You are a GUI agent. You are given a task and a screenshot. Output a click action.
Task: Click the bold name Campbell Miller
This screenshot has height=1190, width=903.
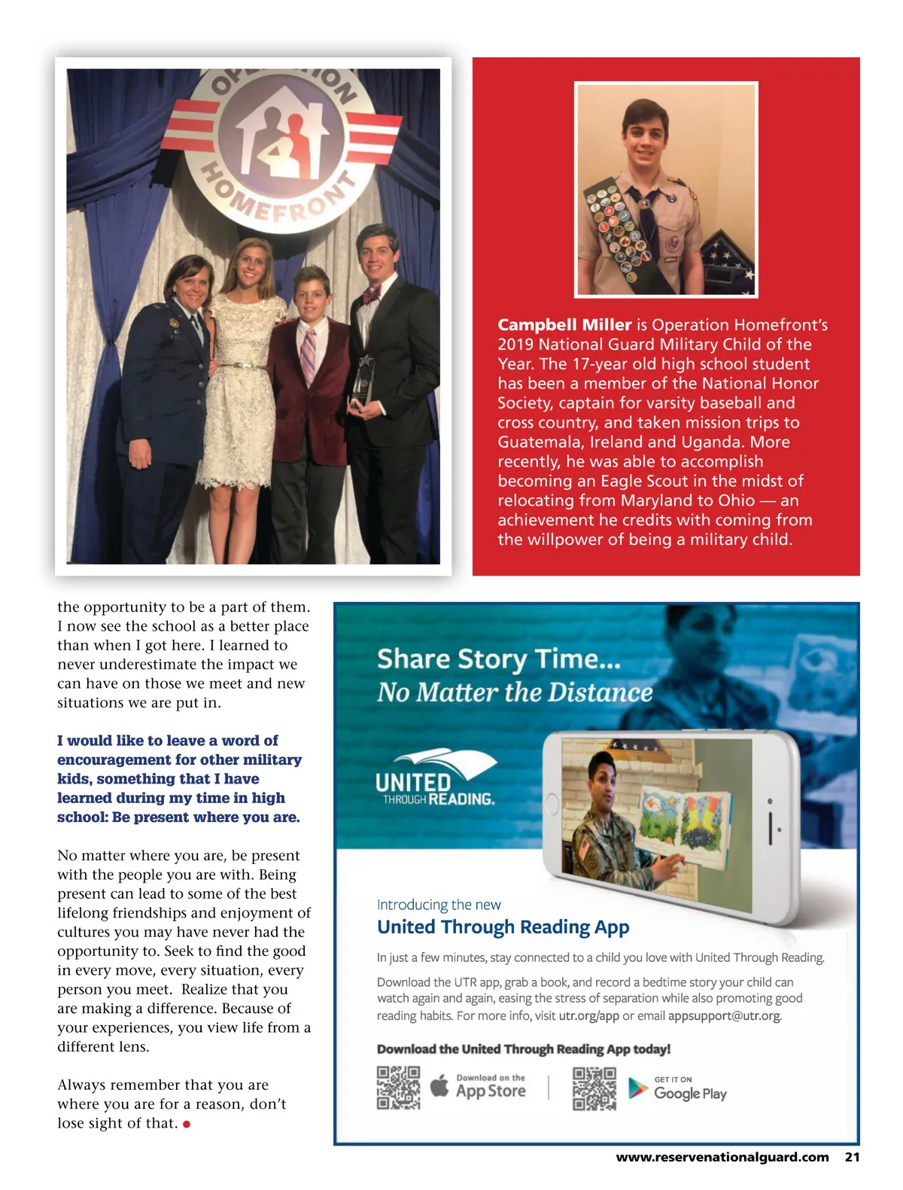point(564,325)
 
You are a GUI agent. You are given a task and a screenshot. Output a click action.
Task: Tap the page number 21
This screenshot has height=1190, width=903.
point(852,1158)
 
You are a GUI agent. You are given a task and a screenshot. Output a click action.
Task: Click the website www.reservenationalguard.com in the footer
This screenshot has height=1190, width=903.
point(722,1158)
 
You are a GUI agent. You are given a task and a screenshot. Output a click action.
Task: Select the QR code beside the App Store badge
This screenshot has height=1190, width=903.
point(398,1088)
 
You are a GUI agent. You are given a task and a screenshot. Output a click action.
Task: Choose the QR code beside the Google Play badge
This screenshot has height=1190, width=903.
point(594,1088)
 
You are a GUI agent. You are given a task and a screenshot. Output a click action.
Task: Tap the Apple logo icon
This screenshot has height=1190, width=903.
point(439,1086)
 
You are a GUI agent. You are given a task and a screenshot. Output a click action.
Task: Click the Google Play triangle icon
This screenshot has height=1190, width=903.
point(638,1088)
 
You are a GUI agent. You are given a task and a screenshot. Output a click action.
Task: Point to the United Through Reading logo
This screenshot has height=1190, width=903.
point(436,779)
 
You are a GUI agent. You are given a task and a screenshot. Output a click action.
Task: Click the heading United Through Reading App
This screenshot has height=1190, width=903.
point(503,927)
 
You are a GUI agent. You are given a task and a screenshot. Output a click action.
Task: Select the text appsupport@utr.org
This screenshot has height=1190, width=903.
point(724,1016)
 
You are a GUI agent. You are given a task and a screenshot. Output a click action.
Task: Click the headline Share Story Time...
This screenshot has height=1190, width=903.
point(498,659)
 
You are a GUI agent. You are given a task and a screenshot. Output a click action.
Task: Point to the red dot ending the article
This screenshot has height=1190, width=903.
point(187,1125)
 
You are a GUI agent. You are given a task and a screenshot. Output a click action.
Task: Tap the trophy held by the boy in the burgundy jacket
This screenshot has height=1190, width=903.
point(363,381)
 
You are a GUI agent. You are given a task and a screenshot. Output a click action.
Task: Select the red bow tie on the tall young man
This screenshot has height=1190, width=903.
point(371,294)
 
